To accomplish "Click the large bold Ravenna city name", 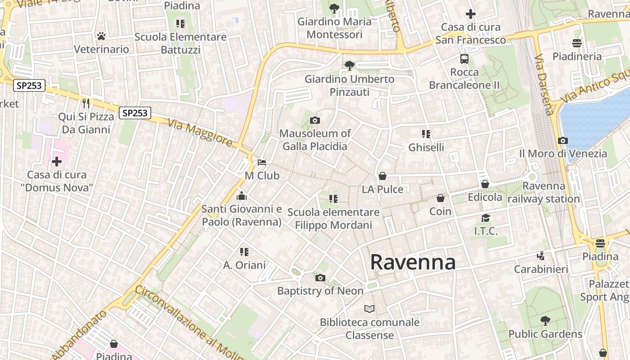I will (413, 262).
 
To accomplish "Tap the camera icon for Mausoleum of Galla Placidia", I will (315, 120).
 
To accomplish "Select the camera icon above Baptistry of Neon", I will (320, 278).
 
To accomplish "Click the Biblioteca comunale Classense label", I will (369, 329).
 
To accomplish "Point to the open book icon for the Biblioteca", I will (369, 309).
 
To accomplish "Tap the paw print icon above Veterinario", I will (101, 36).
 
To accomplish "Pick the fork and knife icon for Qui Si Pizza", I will (86, 103).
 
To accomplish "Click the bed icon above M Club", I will (262, 162).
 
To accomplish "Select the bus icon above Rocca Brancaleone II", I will (464, 58).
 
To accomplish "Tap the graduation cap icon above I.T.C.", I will (486, 218).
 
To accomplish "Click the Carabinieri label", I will (541, 269).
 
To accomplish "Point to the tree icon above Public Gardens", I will (545, 321).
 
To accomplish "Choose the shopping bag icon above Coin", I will (441, 198).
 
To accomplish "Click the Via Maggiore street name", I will (200, 133).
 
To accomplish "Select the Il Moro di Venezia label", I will (563, 153).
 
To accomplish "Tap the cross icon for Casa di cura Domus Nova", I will (57, 161).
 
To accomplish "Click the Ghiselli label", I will (426, 147).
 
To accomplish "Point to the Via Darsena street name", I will (544, 85).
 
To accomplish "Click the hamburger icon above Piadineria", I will (577, 43).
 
